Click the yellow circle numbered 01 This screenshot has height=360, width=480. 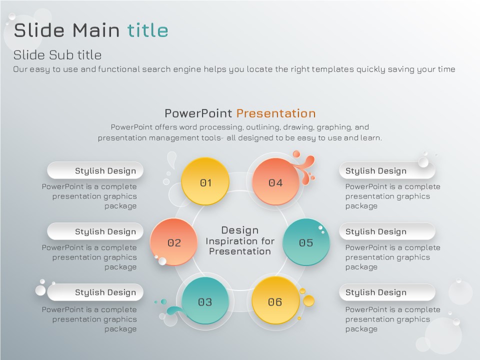[205, 181]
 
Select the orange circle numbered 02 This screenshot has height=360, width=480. [173, 242]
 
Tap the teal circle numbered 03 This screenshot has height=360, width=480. [205, 300]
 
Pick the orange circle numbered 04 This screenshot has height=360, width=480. [275, 181]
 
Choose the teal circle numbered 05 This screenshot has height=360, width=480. [306, 242]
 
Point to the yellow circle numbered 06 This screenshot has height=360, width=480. [275, 300]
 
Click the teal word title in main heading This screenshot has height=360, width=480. [148, 30]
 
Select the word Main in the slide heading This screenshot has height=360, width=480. [96, 30]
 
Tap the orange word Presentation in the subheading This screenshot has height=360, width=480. [276, 113]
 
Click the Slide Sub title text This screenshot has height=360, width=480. [57, 55]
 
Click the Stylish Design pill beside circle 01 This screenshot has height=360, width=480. [95, 170]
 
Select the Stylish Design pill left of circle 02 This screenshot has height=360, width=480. [95, 231]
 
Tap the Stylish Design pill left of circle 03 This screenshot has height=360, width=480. [95, 292]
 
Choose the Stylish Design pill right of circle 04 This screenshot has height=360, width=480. [387, 170]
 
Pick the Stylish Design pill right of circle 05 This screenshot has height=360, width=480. [387, 231]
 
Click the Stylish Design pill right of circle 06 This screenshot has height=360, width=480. [387, 292]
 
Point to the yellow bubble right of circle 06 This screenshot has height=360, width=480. [308, 300]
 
